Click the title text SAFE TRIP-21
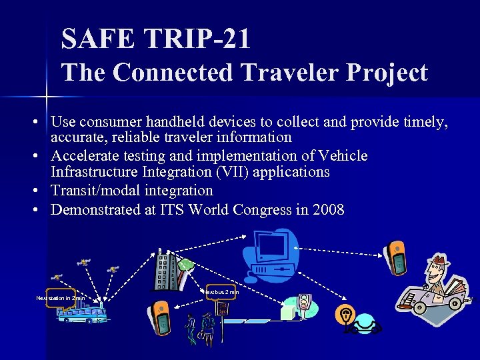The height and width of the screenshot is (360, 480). pos(155,39)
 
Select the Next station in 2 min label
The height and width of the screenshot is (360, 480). pos(59,298)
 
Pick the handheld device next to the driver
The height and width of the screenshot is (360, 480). pos(395,257)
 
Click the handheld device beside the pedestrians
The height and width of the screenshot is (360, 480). pos(161,317)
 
